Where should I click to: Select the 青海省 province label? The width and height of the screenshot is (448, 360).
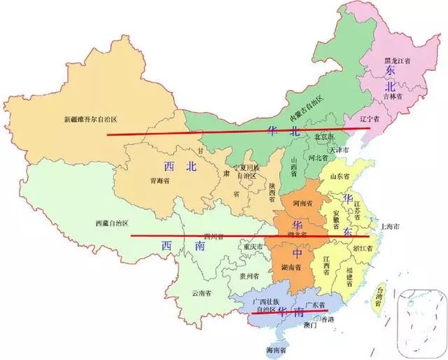160,180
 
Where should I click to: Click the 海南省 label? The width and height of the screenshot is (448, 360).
275,349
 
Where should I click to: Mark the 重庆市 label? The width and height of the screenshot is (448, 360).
249,247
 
